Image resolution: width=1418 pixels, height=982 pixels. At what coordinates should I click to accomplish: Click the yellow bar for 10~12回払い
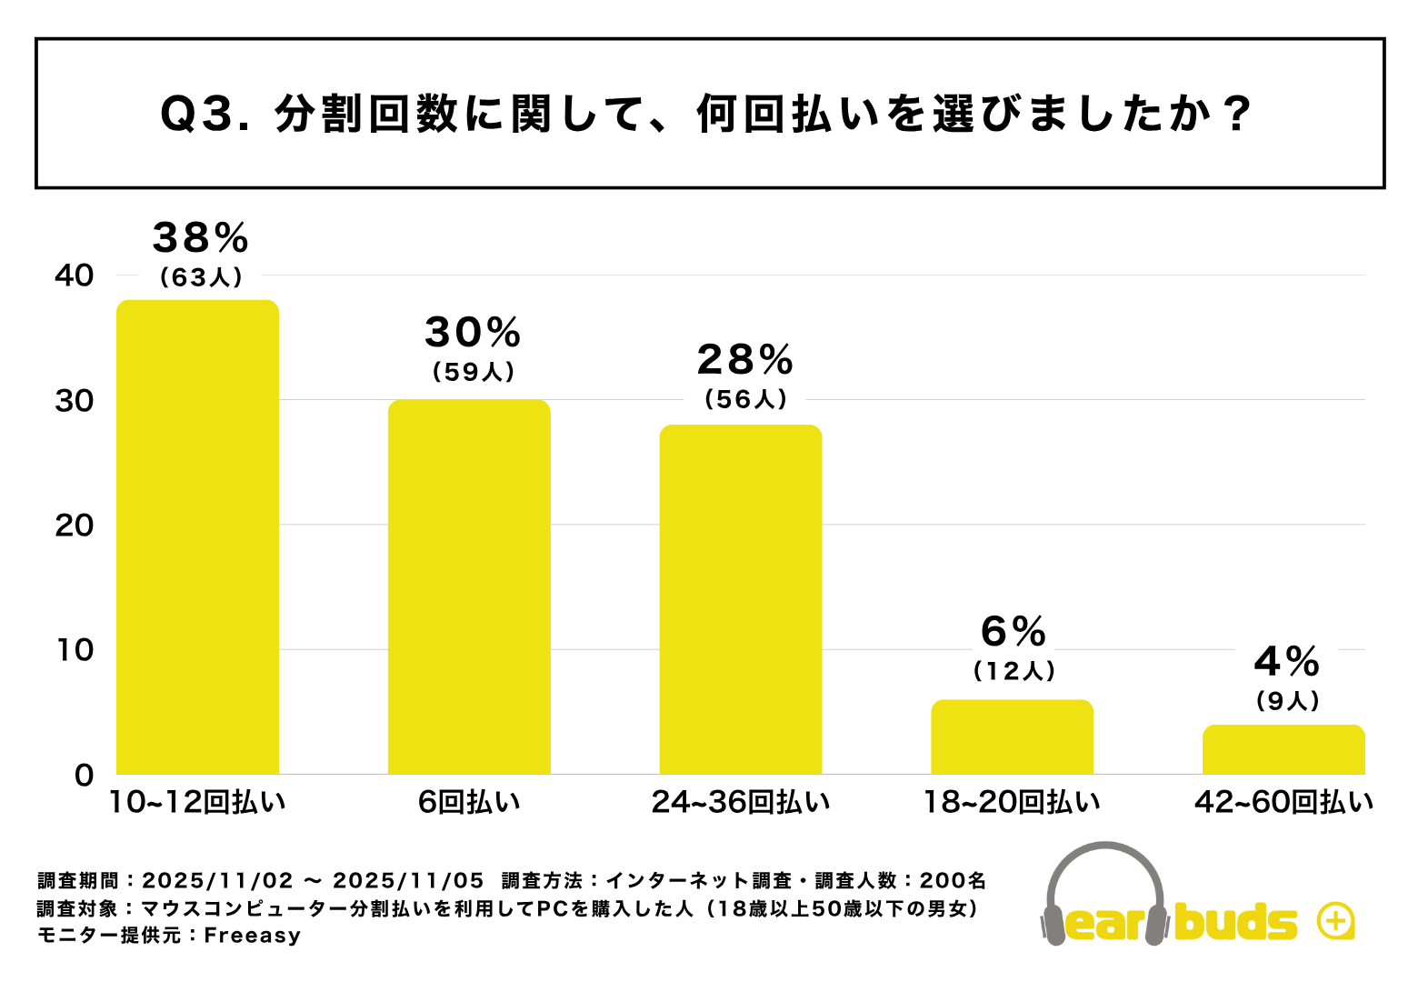click(x=197, y=536)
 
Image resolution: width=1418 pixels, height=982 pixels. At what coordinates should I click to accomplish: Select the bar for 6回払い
click(x=469, y=586)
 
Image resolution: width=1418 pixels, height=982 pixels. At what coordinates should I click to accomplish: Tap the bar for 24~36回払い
click(x=740, y=599)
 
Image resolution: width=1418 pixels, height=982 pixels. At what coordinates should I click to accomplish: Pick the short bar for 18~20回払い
click(x=1012, y=736)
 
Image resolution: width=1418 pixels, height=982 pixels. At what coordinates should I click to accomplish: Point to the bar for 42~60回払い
click(x=1283, y=749)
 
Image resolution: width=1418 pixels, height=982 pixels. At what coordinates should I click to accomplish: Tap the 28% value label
click(x=745, y=360)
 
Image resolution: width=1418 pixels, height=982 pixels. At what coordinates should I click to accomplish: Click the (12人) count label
click(x=1014, y=671)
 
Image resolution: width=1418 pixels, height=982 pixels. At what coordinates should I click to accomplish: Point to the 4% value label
click(x=1287, y=661)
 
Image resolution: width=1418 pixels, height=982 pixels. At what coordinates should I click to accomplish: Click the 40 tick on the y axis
click(x=75, y=276)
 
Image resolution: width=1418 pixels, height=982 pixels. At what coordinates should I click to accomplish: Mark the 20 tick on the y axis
click(x=75, y=526)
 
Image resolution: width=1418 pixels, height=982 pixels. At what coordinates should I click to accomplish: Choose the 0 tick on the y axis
click(x=85, y=776)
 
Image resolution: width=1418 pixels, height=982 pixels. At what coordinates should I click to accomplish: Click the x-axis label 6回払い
click(x=469, y=802)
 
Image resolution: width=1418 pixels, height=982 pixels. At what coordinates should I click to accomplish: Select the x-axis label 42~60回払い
click(x=1283, y=802)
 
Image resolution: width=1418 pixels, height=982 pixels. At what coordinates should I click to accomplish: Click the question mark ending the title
click(x=1237, y=115)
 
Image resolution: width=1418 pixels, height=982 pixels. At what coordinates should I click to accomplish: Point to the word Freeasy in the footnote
click(x=252, y=936)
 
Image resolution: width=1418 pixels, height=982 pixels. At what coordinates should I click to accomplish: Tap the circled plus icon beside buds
click(x=1335, y=921)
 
